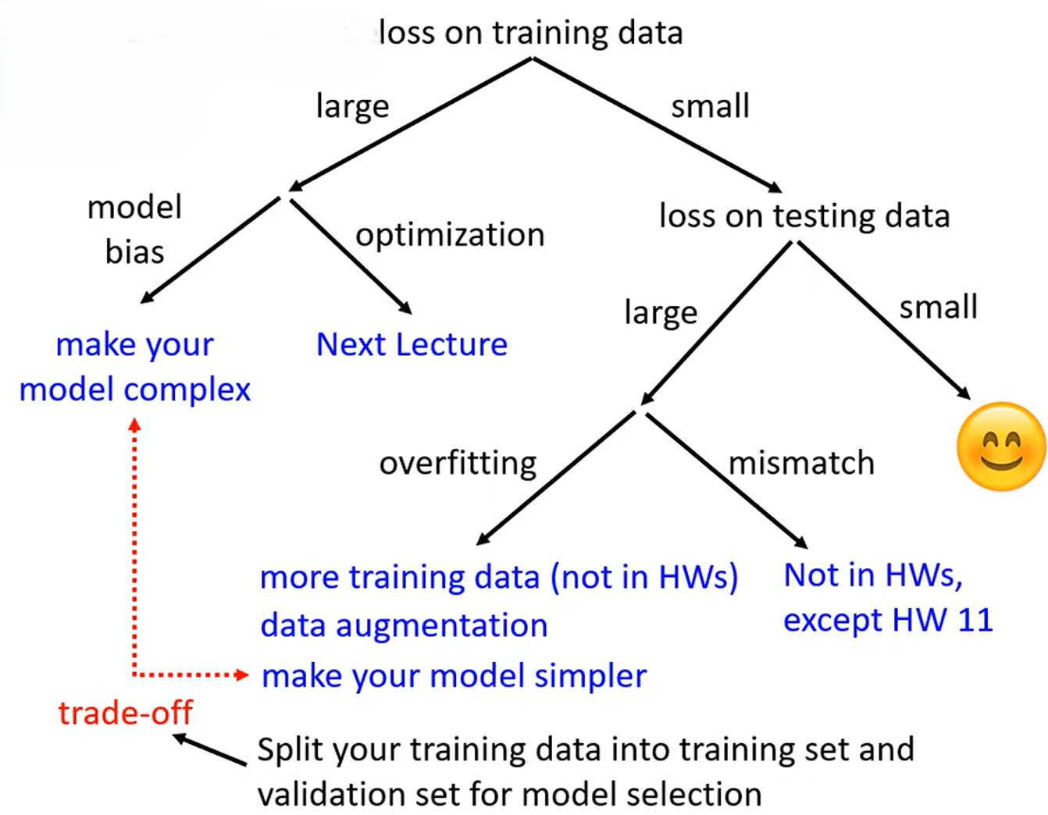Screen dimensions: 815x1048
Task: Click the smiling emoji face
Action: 1000,447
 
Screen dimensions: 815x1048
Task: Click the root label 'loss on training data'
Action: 531,34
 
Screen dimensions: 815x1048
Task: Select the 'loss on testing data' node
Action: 804,216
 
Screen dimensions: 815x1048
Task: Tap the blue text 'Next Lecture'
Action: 412,344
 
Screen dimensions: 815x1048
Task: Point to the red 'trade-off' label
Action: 125,713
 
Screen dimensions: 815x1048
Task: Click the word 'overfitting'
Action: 458,463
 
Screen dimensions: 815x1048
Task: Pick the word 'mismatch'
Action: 801,463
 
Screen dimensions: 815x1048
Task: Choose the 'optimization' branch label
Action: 450,235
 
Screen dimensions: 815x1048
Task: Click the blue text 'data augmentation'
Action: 404,625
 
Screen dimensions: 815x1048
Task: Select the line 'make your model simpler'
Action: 454,676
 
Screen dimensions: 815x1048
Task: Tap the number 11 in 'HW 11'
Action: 975,621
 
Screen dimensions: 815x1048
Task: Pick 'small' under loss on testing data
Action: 938,308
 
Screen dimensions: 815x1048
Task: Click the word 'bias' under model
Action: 135,252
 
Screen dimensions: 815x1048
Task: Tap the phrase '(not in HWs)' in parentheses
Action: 644,578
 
